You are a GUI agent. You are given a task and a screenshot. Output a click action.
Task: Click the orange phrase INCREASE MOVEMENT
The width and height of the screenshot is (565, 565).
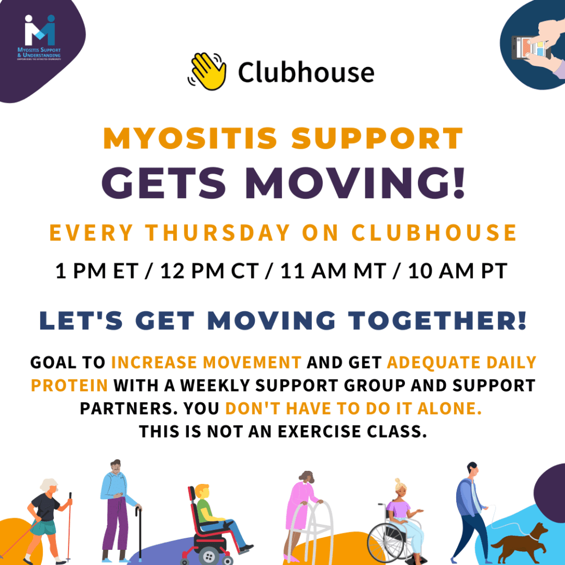point(206,362)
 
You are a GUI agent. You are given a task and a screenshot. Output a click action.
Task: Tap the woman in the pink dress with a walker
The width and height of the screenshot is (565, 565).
point(303,512)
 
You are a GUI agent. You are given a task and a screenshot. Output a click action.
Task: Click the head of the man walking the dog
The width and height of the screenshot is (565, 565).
point(471,469)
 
